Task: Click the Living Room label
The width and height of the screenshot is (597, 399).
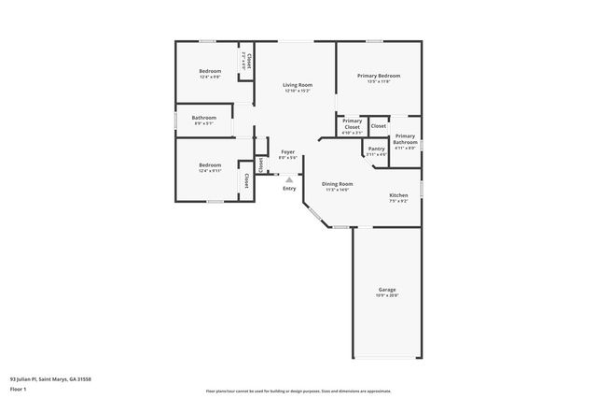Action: (x=298, y=85)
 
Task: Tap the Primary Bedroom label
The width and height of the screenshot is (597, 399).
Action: (x=379, y=76)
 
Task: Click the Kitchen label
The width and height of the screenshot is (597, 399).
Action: (x=398, y=195)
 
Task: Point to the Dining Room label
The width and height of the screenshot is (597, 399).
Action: (x=337, y=184)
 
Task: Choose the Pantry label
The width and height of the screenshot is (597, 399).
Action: (x=376, y=149)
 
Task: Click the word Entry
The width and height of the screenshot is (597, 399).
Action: (x=289, y=189)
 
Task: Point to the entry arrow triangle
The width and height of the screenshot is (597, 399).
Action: (x=289, y=179)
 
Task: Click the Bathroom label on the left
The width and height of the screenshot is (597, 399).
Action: (x=204, y=118)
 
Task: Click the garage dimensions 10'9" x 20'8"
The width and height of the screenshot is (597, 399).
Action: (x=387, y=295)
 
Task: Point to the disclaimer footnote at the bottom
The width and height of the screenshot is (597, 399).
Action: (x=298, y=391)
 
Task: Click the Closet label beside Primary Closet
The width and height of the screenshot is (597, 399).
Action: (x=379, y=126)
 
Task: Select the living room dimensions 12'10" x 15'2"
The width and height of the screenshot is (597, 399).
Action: (x=298, y=91)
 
